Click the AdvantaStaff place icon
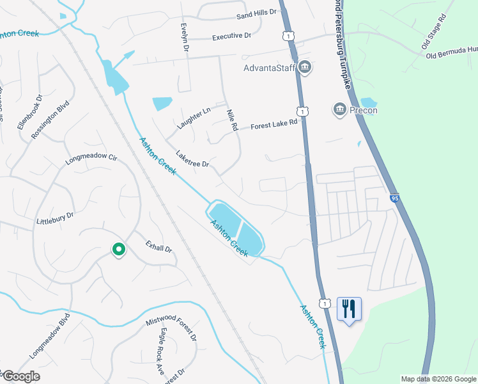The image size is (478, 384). (x=305, y=67)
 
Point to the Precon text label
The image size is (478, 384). (x=363, y=110)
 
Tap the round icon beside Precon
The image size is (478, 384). (x=339, y=110)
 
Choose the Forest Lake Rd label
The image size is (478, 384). (x=274, y=124)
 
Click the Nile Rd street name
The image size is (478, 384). (x=232, y=120)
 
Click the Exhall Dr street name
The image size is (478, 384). (x=159, y=246)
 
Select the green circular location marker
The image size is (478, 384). (x=118, y=250)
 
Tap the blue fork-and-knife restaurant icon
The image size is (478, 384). (x=349, y=310)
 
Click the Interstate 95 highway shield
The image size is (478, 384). (x=394, y=199)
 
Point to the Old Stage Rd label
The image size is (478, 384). (x=436, y=38)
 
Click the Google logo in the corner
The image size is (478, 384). (x=21, y=376)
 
